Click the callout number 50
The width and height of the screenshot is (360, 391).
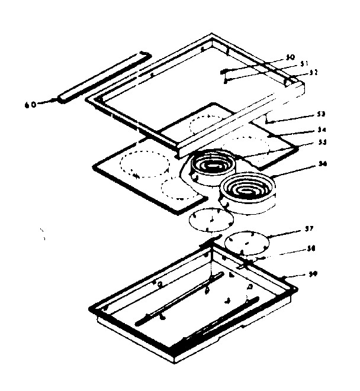click(x=290, y=57)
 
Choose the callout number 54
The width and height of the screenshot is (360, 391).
click(x=322, y=128)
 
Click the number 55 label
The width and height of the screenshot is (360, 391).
click(x=322, y=142)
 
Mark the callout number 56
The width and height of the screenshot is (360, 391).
click(x=322, y=163)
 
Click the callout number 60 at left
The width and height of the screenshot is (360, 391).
click(x=30, y=104)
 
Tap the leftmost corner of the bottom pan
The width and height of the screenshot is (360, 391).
click(x=91, y=309)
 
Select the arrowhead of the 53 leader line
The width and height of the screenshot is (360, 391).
click(x=268, y=122)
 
